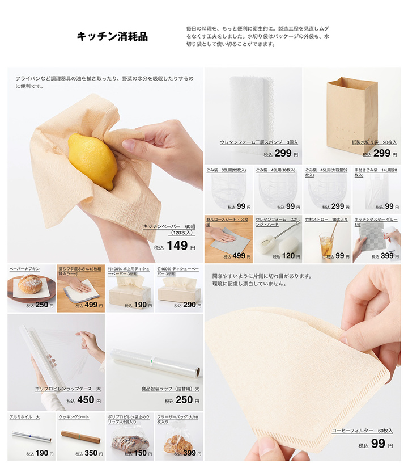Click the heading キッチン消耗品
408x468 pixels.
tap(112, 37)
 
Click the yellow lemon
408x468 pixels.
tap(92, 161)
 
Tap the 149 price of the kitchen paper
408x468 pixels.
tap(177, 245)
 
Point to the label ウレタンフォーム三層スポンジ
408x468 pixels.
tap(258, 142)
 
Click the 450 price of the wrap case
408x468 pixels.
tap(86, 400)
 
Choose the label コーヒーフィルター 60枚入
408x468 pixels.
tap(362, 431)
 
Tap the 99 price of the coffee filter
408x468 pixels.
tap(378, 444)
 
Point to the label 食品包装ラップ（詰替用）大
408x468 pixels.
tap(170, 389)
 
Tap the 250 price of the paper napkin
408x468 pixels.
tap(41, 305)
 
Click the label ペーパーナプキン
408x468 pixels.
tap(24, 268)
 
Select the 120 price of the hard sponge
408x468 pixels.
tap(288, 256)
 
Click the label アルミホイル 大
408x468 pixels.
tap(24, 417)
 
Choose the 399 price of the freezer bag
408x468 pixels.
tap(189, 453)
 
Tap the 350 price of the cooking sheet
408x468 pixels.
tap(91, 453)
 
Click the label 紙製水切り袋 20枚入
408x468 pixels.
tap(374, 142)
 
